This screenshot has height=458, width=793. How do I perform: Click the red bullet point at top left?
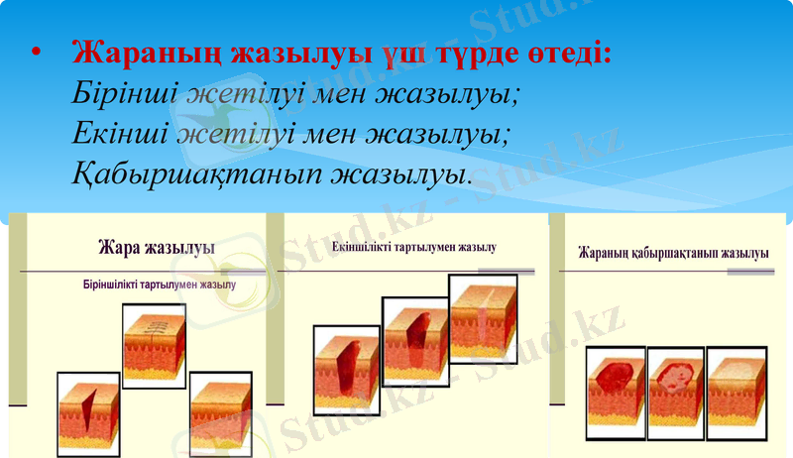click(37, 54)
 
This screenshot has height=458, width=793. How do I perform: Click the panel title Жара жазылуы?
click(160, 246)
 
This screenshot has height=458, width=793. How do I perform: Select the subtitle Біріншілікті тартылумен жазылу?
click(159, 286)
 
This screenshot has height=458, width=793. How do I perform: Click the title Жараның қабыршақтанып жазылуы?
click(674, 254)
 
